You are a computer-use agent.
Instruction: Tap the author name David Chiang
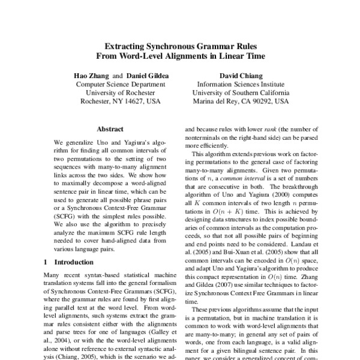[x=239, y=77]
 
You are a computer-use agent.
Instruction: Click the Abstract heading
[x=110, y=128]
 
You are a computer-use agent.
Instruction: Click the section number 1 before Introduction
[x=47, y=262]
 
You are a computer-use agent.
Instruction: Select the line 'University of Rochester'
[x=120, y=93]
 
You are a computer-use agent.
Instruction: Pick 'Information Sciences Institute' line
[x=239, y=85]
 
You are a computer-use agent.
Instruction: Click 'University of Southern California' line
[x=239, y=93]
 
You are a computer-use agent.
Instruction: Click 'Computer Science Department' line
[x=120, y=85]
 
